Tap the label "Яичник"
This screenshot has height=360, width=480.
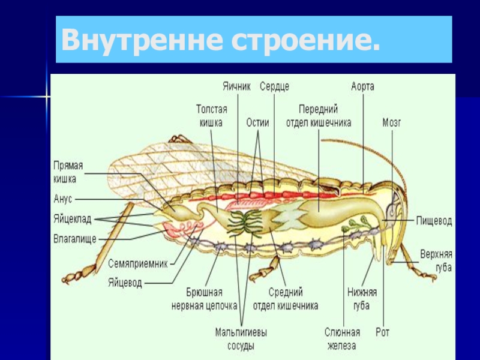pyautogui.click(x=236, y=86)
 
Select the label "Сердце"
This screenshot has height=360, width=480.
pyautogui.click(x=274, y=86)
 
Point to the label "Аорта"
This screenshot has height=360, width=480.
pyautogui.click(x=363, y=86)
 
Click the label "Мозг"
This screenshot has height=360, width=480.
pyautogui.click(x=392, y=123)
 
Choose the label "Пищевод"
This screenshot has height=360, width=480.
pyautogui.click(x=434, y=221)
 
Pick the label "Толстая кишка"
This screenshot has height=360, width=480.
pyautogui.click(x=211, y=116)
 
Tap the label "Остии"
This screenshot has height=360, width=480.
pyautogui.click(x=257, y=122)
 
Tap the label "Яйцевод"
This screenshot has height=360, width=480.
pyautogui.click(x=125, y=281)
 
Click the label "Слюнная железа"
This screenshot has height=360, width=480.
pyautogui.click(x=342, y=339)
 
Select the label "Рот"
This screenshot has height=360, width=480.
pyautogui.click(x=383, y=332)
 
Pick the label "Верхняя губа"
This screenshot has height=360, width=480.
pyautogui.click(x=436, y=262)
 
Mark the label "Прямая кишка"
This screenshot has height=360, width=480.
pyautogui.click(x=68, y=172)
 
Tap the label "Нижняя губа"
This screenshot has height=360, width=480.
pyautogui.click(x=362, y=299)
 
